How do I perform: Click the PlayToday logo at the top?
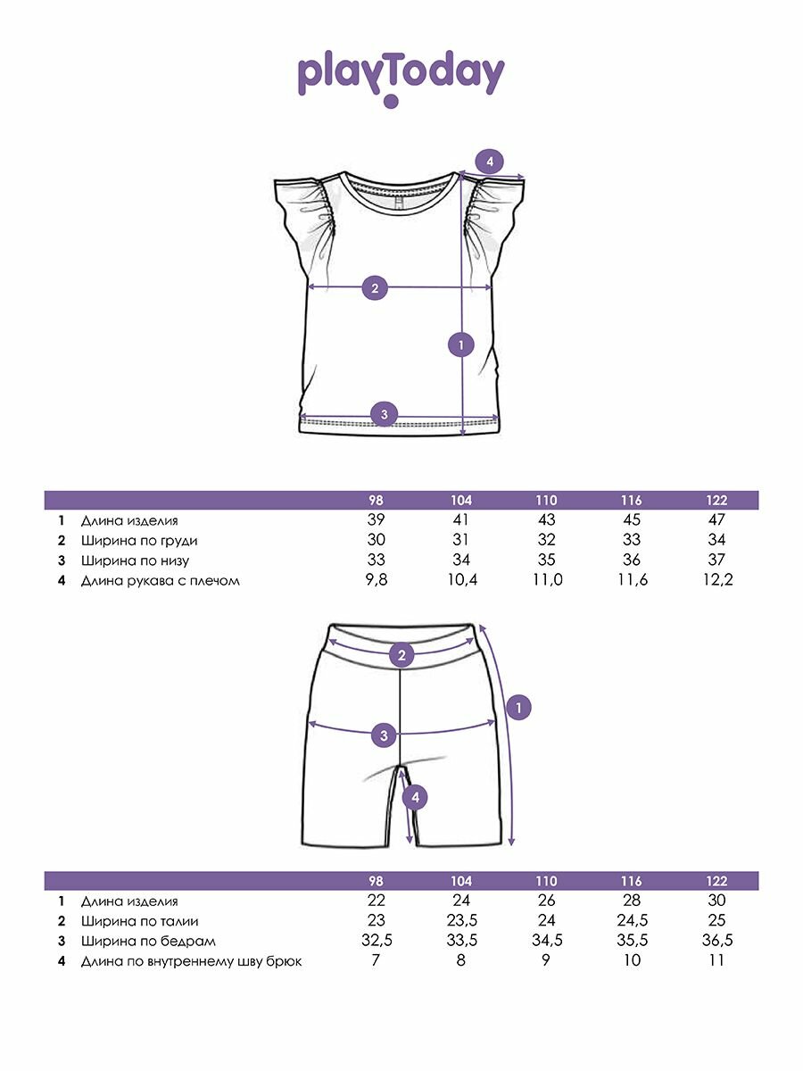tap(401, 77)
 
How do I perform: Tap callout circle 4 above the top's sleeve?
tap(489, 162)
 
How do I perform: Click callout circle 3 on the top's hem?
tap(384, 413)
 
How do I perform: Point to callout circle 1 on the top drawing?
tap(460, 344)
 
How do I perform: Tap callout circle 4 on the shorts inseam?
tap(415, 798)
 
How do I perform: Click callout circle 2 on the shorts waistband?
tap(402, 655)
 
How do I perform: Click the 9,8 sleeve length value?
tap(376, 581)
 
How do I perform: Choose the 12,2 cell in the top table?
tap(716, 581)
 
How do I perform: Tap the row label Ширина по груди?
tap(139, 540)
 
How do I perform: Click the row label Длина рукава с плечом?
tap(161, 581)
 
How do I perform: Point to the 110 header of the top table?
tap(547, 501)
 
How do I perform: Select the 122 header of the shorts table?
tap(716, 880)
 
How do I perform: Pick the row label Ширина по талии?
tap(139, 921)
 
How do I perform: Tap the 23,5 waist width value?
tap(461, 921)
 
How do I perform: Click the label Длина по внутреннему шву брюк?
tap(191, 961)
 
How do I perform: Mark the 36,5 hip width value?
tap(716, 941)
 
